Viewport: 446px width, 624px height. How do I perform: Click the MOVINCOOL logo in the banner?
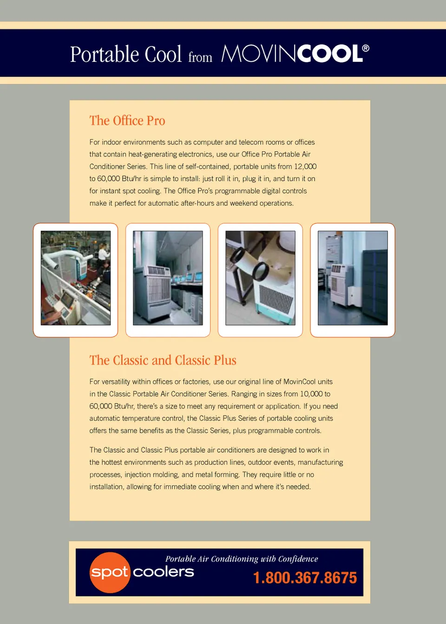pos(295,53)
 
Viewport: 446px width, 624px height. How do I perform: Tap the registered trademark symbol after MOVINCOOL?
pos(366,48)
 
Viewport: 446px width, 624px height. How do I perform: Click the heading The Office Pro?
pos(127,121)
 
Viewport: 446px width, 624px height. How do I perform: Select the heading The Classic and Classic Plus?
pos(163,360)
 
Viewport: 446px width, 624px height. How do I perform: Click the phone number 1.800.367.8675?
pos(305,577)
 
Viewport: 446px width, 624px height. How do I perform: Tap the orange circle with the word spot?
pos(110,572)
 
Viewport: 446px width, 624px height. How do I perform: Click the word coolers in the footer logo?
pos(163,572)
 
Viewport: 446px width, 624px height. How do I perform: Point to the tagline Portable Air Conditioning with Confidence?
pos(242,559)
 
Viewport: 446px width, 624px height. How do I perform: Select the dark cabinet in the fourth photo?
pos(374,287)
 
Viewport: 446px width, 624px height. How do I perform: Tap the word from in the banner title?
pos(200,57)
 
